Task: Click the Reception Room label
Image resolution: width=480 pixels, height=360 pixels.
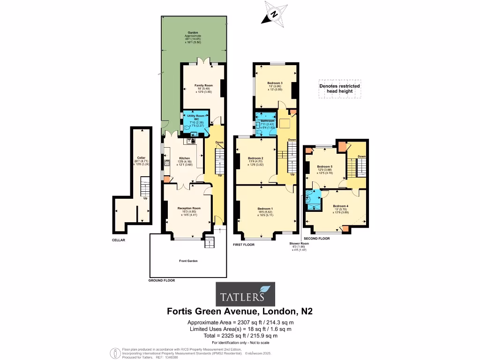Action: click(189, 208)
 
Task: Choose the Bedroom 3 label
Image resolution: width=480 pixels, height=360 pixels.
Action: click(275, 83)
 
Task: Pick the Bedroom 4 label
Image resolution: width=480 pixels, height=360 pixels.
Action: click(341, 206)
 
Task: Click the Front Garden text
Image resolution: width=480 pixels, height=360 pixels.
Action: click(187, 261)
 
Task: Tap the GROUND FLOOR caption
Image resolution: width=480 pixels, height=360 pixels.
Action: click(162, 280)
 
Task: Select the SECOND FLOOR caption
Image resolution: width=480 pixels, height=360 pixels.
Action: click(317, 239)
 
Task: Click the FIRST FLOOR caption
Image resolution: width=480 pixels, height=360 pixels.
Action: click(243, 245)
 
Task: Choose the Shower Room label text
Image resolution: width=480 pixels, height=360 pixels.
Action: click(299, 244)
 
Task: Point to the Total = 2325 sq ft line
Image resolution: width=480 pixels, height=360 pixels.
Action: click(240, 336)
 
